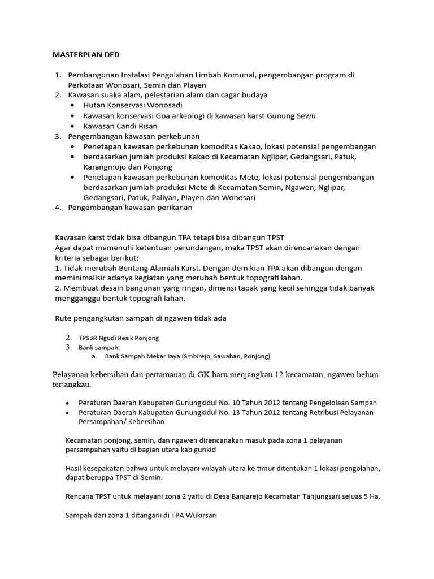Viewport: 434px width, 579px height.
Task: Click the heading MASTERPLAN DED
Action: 86,55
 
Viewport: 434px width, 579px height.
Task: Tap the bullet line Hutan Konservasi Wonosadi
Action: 133,106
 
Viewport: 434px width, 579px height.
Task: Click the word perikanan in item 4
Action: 173,208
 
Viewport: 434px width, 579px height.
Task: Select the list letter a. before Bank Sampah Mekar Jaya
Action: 94,357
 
